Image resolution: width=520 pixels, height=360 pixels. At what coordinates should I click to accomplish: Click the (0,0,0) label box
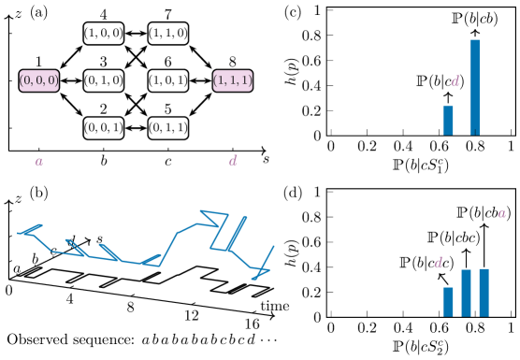pyautogui.click(x=38, y=80)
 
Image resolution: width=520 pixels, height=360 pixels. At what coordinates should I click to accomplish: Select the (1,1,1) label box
pyautogui.click(x=232, y=80)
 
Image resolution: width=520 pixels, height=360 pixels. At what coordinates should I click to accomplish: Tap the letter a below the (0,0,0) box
pyautogui.click(x=39, y=162)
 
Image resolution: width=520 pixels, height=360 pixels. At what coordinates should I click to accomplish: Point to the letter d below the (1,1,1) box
pyautogui.click(x=233, y=161)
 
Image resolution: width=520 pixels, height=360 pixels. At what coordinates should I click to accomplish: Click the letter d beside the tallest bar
pyautogui.click(x=455, y=81)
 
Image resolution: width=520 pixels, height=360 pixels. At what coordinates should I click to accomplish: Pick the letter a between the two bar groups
pyautogui.click(x=501, y=214)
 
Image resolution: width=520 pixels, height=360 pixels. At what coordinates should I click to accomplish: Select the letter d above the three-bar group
pyautogui.click(x=438, y=263)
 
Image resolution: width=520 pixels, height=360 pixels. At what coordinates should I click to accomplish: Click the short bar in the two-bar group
pyautogui.click(x=448, y=120)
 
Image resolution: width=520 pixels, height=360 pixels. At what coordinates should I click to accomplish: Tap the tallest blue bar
pyautogui.click(x=474, y=87)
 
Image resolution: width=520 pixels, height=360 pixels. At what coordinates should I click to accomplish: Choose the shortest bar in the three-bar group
pyautogui.click(x=448, y=301)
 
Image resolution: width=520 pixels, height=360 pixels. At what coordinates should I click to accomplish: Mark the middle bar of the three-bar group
pyautogui.click(x=466, y=293)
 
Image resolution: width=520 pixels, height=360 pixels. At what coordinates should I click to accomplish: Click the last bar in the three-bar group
pyautogui.click(x=484, y=292)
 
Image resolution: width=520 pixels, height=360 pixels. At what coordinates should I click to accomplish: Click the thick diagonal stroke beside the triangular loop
pyautogui.click(x=237, y=233)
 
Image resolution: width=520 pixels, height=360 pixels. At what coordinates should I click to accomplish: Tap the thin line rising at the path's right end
pyautogui.click(x=267, y=258)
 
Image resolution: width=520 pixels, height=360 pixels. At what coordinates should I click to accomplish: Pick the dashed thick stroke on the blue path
pyautogui.click(x=76, y=247)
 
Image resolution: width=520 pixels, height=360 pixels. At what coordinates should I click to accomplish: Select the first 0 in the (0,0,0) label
pyautogui.click(x=27, y=80)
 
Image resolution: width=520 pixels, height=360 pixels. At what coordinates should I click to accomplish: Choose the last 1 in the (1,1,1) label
pyautogui.click(x=245, y=80)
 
